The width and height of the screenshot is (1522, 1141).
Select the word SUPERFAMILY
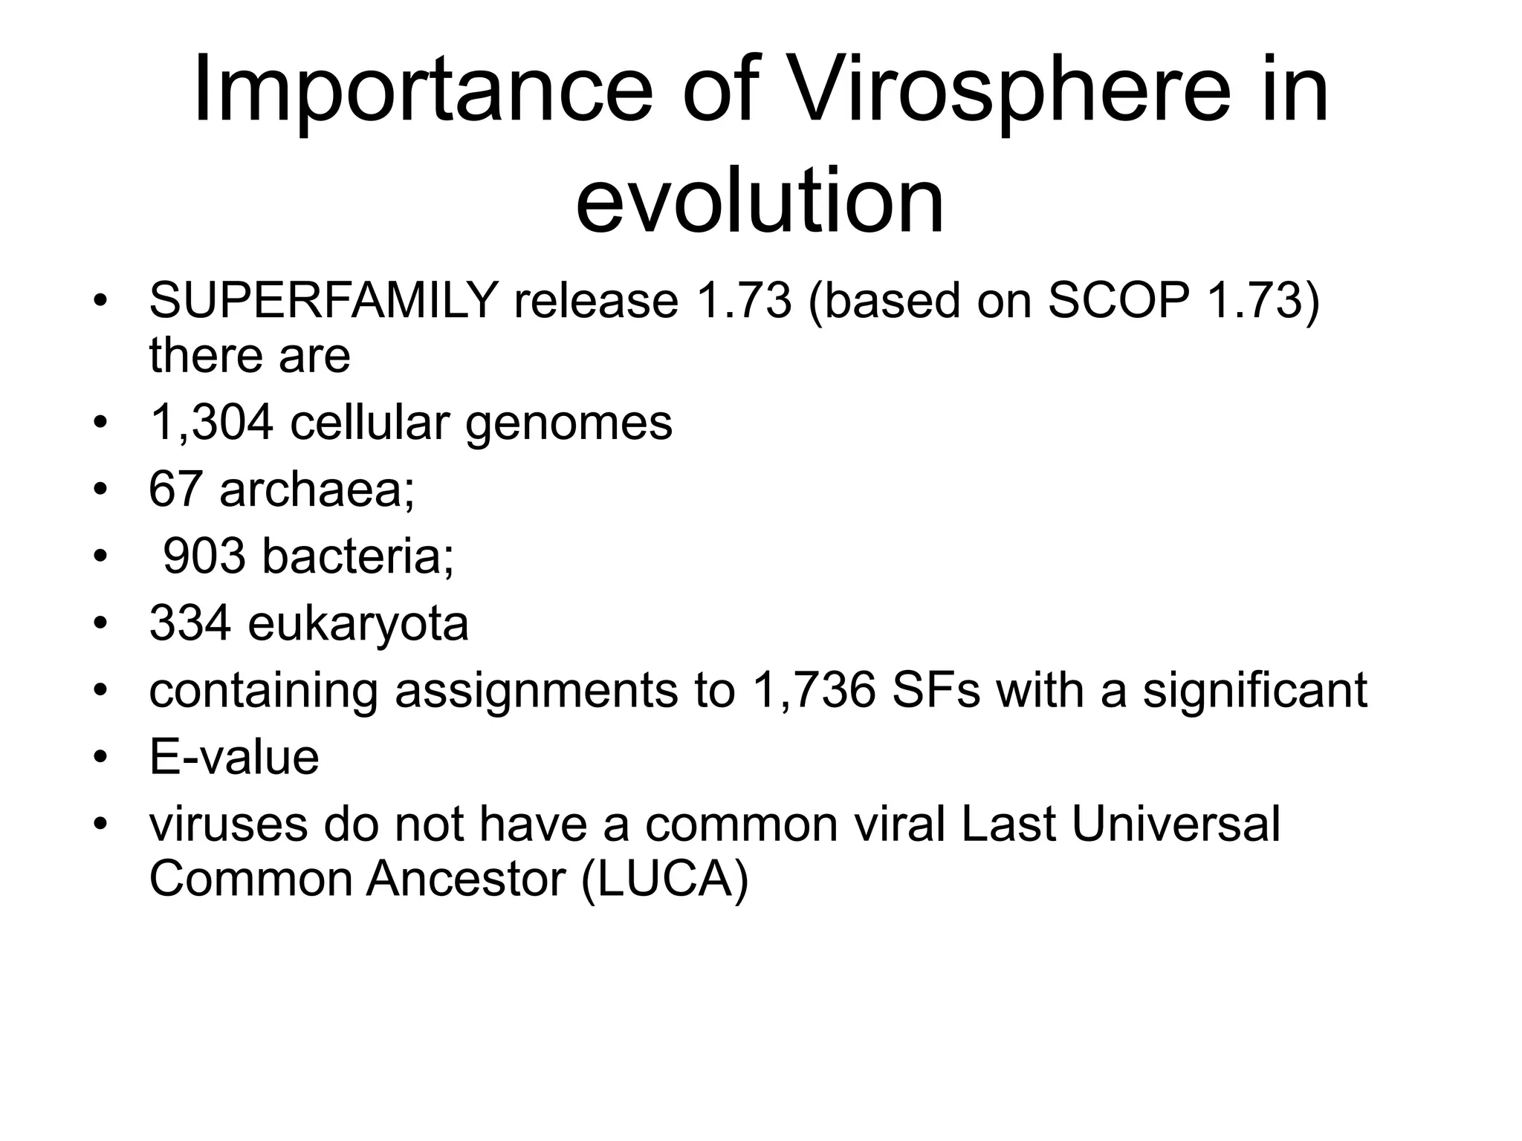point(323,301)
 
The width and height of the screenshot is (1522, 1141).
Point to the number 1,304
point(211,423)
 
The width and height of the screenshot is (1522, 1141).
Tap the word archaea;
point(317,490)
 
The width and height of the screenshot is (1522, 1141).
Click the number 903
point(204,556)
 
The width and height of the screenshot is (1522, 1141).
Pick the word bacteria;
point(357,556)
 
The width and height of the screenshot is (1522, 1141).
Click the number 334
point(190,622)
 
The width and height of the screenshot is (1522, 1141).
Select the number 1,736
point(813,690)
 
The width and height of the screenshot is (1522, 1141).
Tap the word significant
point(1254,691)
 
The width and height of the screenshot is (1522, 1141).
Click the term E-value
point(234,757)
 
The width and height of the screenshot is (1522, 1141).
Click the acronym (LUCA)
point(664,880)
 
